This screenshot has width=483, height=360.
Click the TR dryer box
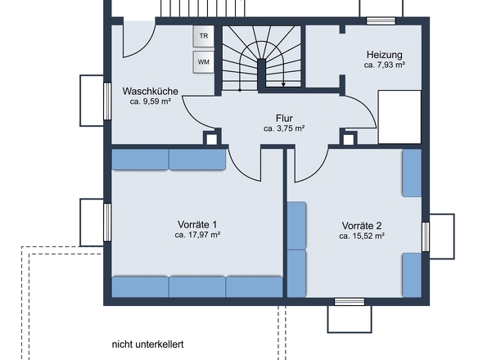[x=203, y=37]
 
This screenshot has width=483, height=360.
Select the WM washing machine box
[x=203, y=61]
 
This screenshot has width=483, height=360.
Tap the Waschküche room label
[x=151, y=91]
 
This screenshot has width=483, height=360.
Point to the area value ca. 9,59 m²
[x=151, y=102]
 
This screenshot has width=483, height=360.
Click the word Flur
[x=284, y=118]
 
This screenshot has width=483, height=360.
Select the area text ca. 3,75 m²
[x=284, y=128]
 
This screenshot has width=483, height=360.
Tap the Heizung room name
[x=385, y=52]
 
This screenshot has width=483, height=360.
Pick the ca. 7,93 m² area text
[x=385, y=64]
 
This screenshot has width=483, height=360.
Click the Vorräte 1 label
[x=197, y=223]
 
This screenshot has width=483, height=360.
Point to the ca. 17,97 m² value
[x=197, y=235]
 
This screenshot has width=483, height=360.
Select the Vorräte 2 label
[x=362, y=225]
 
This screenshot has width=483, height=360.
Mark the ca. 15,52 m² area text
[x=362, y=236]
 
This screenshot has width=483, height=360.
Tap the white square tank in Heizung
[x=399, y=117]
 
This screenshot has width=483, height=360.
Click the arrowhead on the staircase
[x=282, y=82]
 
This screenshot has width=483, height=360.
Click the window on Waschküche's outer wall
[x=106, y=99]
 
